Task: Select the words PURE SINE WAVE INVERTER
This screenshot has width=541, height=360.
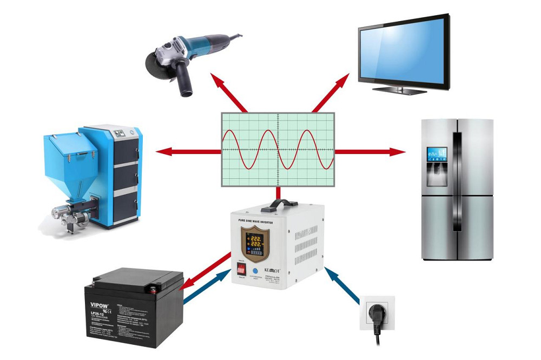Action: point(255,221)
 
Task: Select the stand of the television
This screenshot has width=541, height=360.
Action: point(401,89)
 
